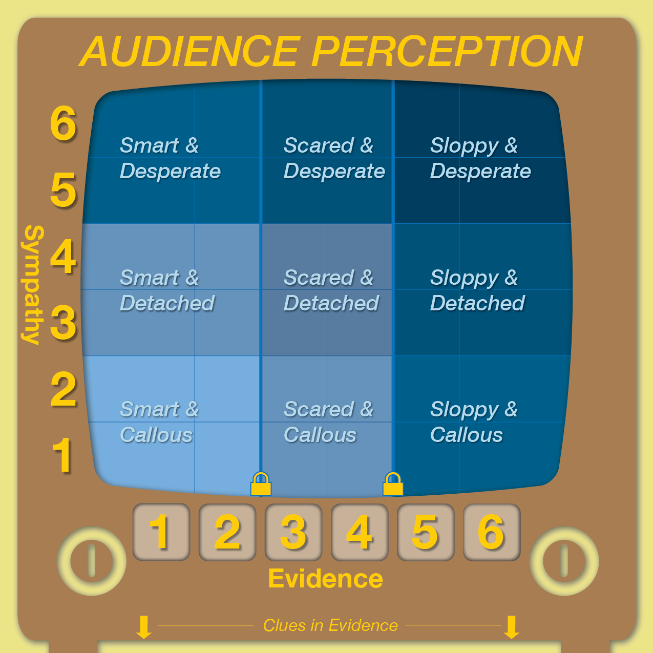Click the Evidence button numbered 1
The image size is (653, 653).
point(161,532)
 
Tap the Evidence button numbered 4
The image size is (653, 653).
point(360,532)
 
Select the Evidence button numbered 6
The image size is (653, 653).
point(492,532)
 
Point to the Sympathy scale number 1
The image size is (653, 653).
point(63,455)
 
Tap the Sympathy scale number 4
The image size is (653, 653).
point(63,256)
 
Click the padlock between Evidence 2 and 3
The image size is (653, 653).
point(261,484)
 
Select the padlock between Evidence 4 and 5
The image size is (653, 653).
point(393,484)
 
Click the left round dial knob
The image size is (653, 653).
point(92,561)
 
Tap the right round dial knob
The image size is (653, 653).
point(564,561)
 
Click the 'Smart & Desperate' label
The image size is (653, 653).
point(170,158)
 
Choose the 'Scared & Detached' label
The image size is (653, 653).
point(331,290)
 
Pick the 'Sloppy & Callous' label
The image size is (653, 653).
point(474,422)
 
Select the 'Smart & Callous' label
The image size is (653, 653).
point(159,422)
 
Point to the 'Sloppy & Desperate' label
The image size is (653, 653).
point(480,158)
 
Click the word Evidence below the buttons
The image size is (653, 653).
point(326,579)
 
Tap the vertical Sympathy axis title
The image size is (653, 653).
point(33,285)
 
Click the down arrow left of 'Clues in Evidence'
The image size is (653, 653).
point(144,627)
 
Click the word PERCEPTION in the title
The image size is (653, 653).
point(447,52)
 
